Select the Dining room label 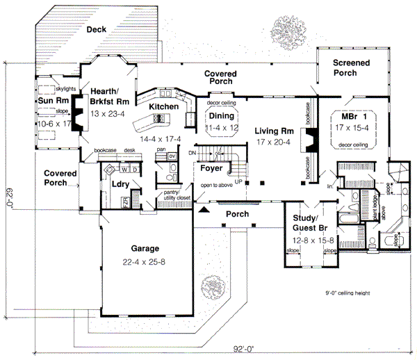click(222, 116)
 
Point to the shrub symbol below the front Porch click(210, 287)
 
